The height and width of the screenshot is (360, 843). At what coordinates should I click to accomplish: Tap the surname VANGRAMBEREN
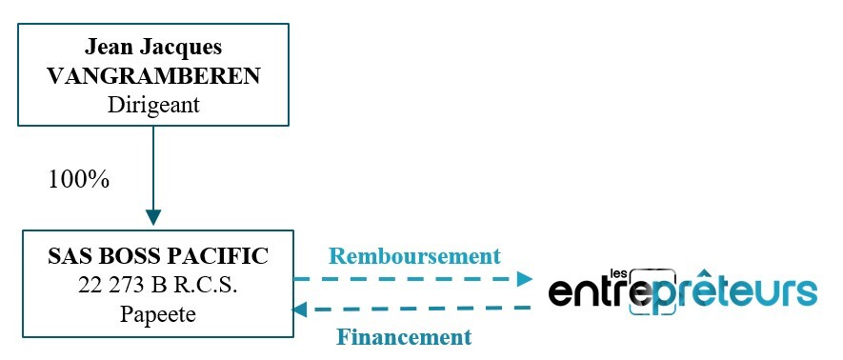152,75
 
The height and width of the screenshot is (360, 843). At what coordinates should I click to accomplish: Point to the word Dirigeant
153,105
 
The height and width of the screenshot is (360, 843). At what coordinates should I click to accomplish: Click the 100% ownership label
79,179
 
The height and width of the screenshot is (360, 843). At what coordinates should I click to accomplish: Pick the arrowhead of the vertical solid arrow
152,218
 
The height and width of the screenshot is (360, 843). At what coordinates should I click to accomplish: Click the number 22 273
110,285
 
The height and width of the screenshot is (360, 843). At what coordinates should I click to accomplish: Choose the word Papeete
158,314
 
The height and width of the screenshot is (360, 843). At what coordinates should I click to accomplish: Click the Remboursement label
414,256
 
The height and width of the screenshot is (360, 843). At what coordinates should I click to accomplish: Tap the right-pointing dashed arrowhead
524,278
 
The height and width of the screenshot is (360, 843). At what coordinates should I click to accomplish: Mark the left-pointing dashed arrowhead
299,310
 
